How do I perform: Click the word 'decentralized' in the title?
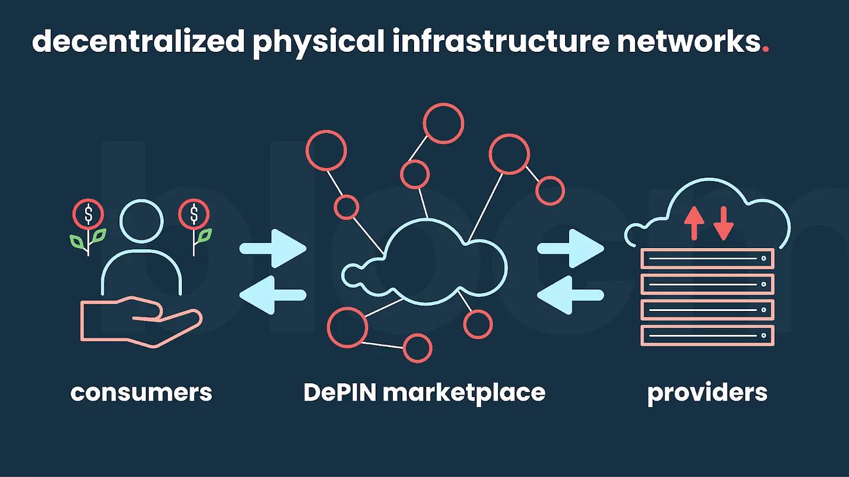tap(138, 41)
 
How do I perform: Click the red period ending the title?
tap(766, 50)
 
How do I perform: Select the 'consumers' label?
tap(141, 393)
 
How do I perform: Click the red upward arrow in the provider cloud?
tap(694, 222)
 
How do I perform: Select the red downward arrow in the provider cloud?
tap(724, 222)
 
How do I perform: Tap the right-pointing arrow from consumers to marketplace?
tap(273, 249)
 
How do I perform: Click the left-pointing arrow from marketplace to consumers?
tap(273, 295)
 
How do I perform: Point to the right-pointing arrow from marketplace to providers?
tap(570, 249)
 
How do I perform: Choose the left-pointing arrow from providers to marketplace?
tap(570, 295)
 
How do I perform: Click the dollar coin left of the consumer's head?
tap(88, 214)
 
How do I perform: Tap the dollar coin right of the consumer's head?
tap(194, 214)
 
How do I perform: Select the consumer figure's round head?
tap(141, 221)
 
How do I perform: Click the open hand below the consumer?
tap(140, 320)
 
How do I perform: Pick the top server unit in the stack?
tap(707, 258)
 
